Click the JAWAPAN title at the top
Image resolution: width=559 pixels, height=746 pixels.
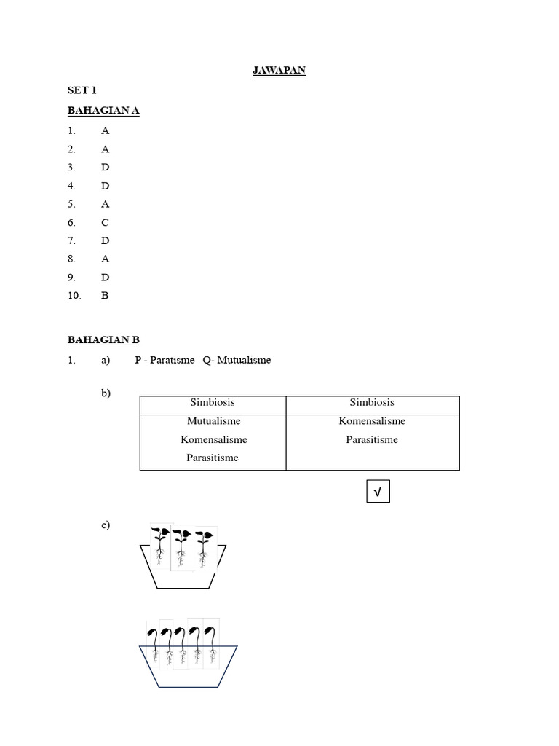[x=279, y=71]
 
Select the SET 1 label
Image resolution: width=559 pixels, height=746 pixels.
[x=82, y=90]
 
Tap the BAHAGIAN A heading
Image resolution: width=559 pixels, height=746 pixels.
[x=103, y=110]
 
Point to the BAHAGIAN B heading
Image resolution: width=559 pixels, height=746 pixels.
[x=103, y=339]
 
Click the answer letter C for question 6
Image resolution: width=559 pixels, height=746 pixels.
[x=105, y=222]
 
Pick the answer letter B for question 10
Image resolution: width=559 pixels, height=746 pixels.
[x=105, y=296]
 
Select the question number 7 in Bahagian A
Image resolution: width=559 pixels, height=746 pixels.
[x=71, y=240]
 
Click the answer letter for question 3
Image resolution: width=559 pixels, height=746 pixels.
[x=105, y=167]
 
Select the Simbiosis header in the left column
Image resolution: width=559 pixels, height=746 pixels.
[x=213, y=402]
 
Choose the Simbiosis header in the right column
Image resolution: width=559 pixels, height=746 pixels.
[x=372, y=402]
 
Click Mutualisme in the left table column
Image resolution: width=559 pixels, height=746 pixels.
[x=213, y=421]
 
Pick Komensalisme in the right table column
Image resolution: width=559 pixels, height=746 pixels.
[x=372, y=421]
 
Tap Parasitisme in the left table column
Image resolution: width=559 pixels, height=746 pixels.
[x=213, y=458]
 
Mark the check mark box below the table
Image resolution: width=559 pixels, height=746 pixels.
[x=378, y=493]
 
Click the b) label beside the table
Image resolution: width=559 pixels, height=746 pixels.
[x=106, y=393]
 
